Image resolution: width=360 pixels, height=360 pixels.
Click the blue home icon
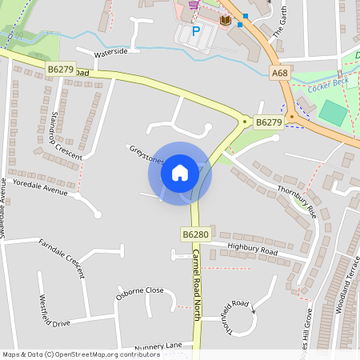[180, 172]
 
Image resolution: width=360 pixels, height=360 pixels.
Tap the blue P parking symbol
[195, 32]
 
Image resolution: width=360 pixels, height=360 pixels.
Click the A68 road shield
[279, 73]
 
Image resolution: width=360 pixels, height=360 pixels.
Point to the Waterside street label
[111, 52]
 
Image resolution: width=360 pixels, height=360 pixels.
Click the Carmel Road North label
[195, 284]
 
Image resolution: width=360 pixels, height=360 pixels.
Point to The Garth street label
[278, 23]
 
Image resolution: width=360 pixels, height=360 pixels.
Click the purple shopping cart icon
[193, 4]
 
